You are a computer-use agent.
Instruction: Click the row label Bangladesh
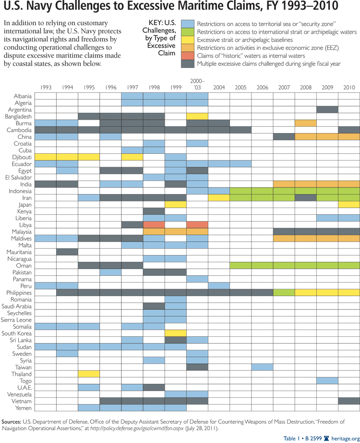point(18,116)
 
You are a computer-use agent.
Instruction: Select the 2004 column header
point(219,87)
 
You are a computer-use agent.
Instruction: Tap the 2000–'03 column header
point(197,85)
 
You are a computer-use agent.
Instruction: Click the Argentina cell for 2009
point(327,110)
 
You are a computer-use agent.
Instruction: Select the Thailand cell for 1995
point(89,374)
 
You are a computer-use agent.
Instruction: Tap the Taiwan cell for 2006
point(262,367)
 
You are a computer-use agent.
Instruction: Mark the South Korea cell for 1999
point(176,333)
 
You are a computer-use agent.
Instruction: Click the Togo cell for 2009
point(327,381)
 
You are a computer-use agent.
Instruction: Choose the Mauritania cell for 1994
point(67,252)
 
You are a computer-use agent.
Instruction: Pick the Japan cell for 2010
point(349,204)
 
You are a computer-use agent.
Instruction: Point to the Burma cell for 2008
point(306,123)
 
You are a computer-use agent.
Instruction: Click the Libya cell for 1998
point(154,225)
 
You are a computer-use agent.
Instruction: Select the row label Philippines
point(19,293)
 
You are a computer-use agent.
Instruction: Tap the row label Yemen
point(24,408)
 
